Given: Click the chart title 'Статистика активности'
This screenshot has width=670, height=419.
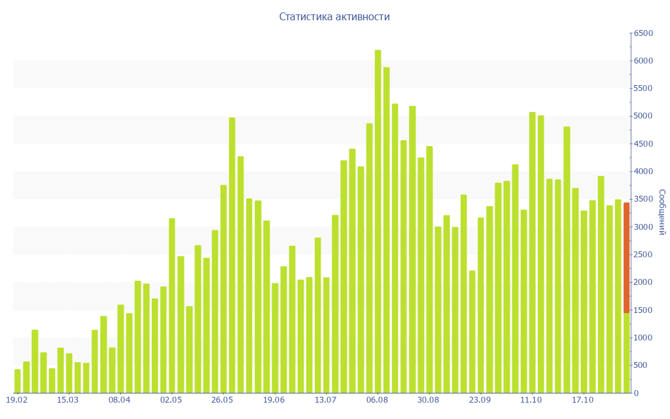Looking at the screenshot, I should tap(334, 17).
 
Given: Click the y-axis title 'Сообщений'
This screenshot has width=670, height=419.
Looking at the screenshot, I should tap(661, 212).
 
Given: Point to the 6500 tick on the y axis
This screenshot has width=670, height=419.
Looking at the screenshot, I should tap(644, 33).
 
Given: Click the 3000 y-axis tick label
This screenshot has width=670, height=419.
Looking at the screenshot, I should tap(644, 227).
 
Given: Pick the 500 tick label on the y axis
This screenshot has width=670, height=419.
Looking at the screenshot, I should tap(642, 365).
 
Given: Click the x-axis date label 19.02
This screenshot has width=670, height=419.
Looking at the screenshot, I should tap(16, 400).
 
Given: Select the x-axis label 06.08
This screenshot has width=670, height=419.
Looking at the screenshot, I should tap(378, 400).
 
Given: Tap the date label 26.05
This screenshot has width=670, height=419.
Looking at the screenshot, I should tap(222, 400).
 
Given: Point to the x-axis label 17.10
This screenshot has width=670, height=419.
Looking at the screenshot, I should tap(582, 400).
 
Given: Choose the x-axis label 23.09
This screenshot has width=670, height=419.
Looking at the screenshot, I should tap(480, 400).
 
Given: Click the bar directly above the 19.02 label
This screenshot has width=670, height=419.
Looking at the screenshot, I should tap(18, 381).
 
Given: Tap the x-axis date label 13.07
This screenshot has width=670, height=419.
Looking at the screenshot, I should tap(325, 400).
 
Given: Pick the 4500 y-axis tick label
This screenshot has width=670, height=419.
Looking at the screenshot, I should tap(644, 144).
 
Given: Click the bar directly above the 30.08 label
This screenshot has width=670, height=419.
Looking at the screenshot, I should tap(429, 269).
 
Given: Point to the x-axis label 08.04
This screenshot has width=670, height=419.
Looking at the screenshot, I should tap(120, 400).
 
